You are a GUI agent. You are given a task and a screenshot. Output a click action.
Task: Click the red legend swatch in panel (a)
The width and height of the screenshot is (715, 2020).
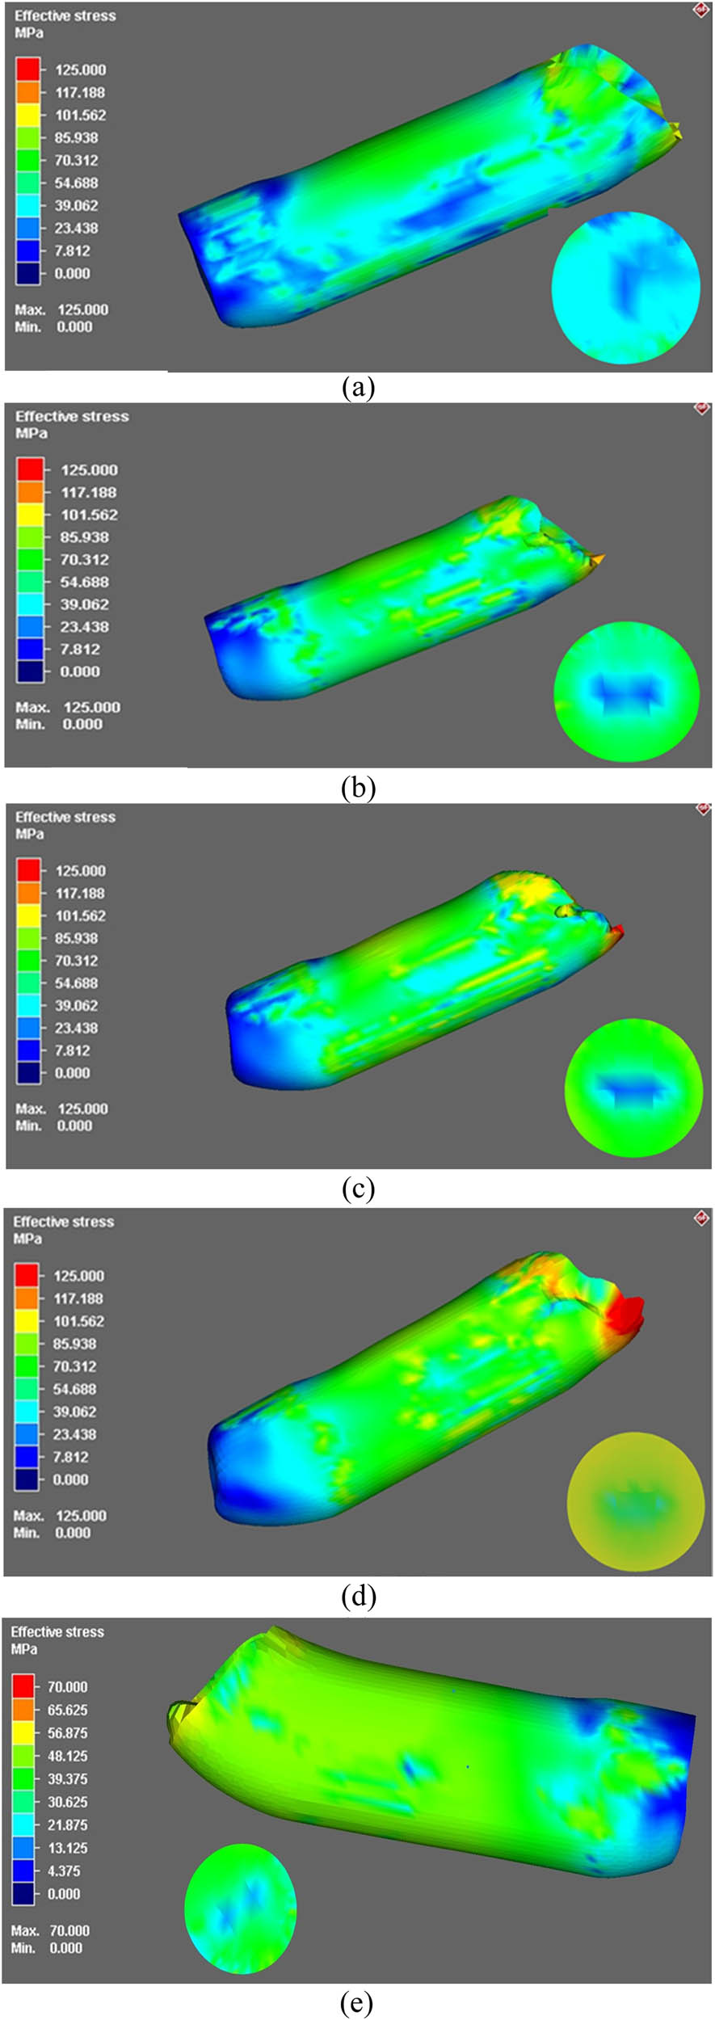tap(27, 69)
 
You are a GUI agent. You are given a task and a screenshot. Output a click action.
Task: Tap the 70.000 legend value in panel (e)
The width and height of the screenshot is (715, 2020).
tap(67, 1686)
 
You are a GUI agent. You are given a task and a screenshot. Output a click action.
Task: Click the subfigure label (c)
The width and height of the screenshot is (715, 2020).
tap(358, 1189)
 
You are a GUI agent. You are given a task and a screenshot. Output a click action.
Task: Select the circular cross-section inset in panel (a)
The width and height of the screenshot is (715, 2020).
tap(626, 287)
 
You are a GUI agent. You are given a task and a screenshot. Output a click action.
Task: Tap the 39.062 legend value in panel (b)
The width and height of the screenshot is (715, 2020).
tap(84, 604)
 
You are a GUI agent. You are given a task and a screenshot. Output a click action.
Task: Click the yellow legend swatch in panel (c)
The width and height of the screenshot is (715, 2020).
tap(28, 915)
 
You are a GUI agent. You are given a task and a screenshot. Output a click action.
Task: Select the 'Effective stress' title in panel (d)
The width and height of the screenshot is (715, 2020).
tap(63, 1222)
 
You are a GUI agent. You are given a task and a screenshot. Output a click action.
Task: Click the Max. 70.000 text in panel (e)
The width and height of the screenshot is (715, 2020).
tap(50, 1930)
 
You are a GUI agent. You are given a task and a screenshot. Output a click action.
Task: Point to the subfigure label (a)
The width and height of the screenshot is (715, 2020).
tap(358, 388)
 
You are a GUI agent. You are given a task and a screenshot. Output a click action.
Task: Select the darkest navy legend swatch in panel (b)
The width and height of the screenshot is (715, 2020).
tap(31, 671)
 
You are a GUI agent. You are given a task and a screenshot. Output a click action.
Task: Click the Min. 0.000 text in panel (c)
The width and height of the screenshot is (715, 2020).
tap(53, 1126)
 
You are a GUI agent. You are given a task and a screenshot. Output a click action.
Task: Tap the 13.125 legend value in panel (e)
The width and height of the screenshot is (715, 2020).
tap(67, 1848)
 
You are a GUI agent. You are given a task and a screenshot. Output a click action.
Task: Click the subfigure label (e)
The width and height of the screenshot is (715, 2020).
tap(357, 2002)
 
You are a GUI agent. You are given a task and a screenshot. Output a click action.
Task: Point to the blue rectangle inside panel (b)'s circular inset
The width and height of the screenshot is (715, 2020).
tap(626, 691)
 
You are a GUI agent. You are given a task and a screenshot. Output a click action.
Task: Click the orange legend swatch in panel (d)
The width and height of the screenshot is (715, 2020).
tap(27, 1298)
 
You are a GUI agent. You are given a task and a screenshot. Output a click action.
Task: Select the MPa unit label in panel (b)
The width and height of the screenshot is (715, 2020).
tap(31, 433)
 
